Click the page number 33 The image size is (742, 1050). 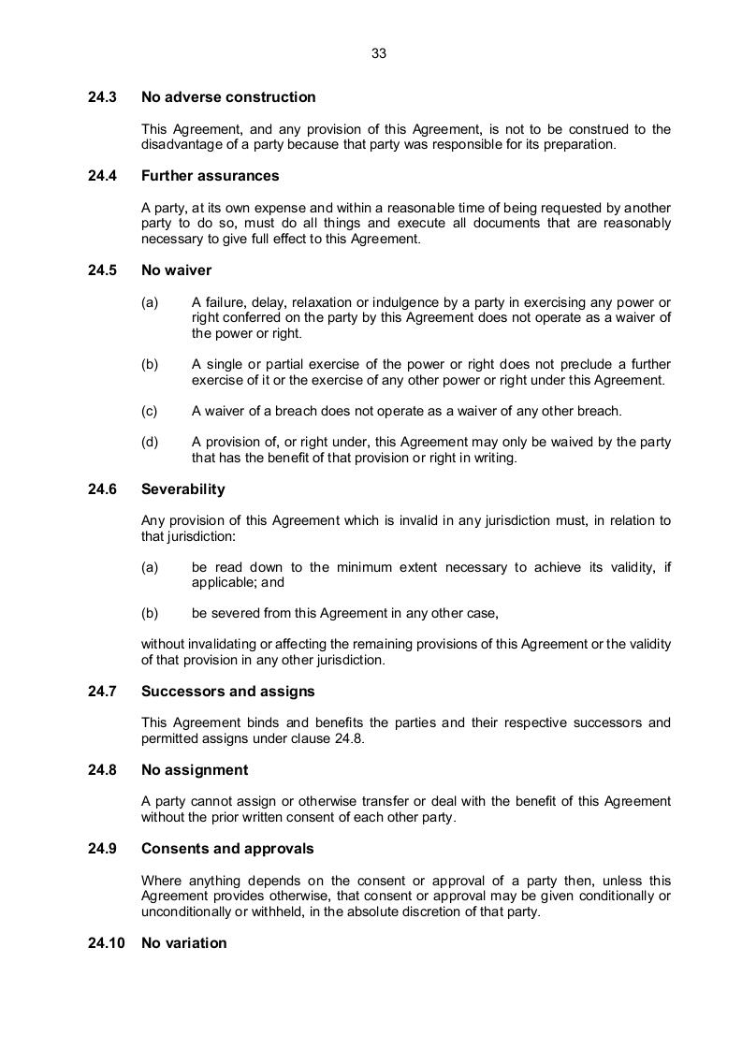[x=379, y=54]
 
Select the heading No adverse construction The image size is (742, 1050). [x=228, y=97]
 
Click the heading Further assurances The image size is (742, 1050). [x=210, y=176]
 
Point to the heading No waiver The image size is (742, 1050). [x=176, y=270]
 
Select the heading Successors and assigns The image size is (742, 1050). [x=227, y=692]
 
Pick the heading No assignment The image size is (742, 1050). [x=194, y=770]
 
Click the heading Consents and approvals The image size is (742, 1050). [x=227, y=849]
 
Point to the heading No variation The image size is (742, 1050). [x=183, y=943]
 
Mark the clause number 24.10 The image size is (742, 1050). [x=106, y=943]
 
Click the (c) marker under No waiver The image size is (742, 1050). [x=149, y=411]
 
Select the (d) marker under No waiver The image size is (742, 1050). [x=149, y=443]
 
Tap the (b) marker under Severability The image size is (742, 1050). [x=149, y=614]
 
